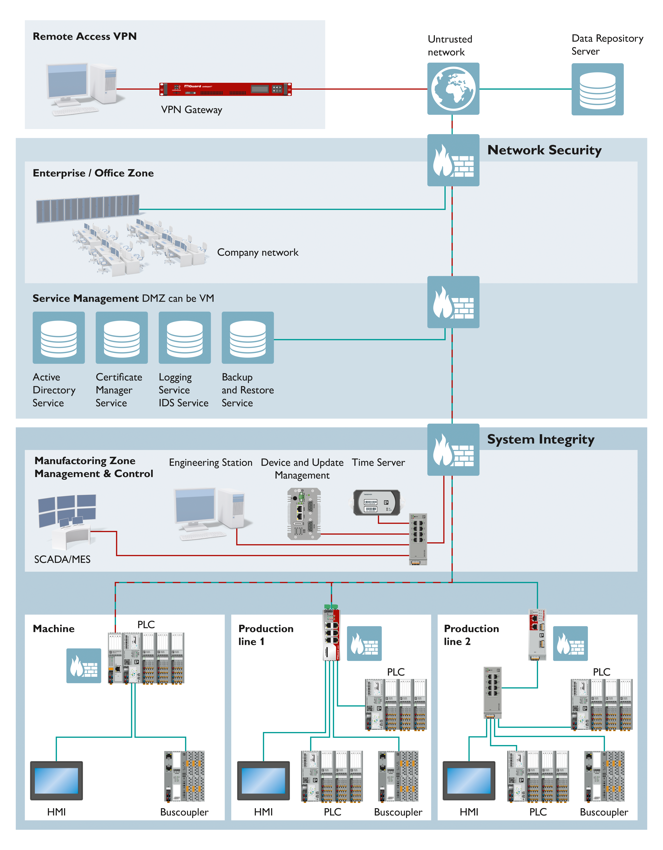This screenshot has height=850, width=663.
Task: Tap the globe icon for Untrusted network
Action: (x=453, y=89)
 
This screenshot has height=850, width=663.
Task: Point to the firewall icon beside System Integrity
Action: (x=453, y=449)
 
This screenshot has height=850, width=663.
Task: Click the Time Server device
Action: (x=377, y=503)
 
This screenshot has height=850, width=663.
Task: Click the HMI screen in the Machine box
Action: (x=56, y=780)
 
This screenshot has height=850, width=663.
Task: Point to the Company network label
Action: (x=258, y=253)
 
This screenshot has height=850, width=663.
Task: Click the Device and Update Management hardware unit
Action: (x=304, y=514)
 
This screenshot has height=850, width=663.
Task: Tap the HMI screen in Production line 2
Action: (x=469, y=780)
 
